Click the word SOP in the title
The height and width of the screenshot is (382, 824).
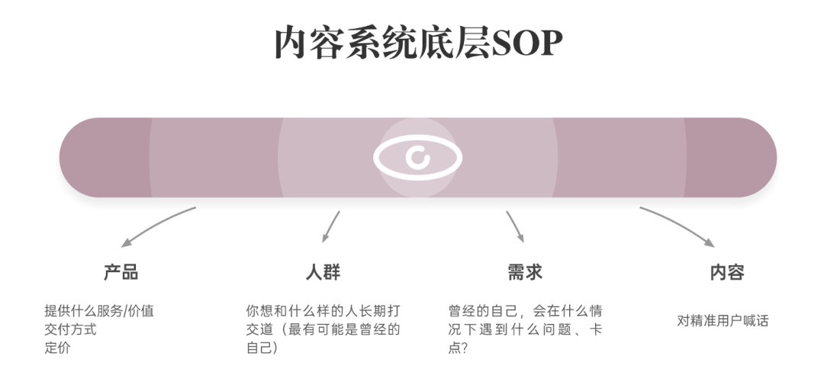coord(527,44)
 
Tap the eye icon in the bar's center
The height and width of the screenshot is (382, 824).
coord(417,158)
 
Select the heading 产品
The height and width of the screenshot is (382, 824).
coord(121,272)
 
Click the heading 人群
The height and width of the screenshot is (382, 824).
coord(323,272)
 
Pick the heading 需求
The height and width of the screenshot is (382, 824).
coord(524,272)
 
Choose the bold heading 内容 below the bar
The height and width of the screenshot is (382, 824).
coord(726,272)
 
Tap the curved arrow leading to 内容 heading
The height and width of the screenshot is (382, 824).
coord(679,226)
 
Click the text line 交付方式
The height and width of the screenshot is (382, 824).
coord(70,329)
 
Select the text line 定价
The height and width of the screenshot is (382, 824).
coord(57,348)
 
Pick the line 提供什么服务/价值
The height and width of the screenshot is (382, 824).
coord(99,311)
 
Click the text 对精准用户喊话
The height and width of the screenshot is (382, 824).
coord(723,321)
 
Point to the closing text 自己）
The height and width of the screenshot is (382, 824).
coord(262,348)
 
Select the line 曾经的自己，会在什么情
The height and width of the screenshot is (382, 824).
coord(526,311)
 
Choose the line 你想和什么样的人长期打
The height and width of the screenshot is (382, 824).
coord(323,311)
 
